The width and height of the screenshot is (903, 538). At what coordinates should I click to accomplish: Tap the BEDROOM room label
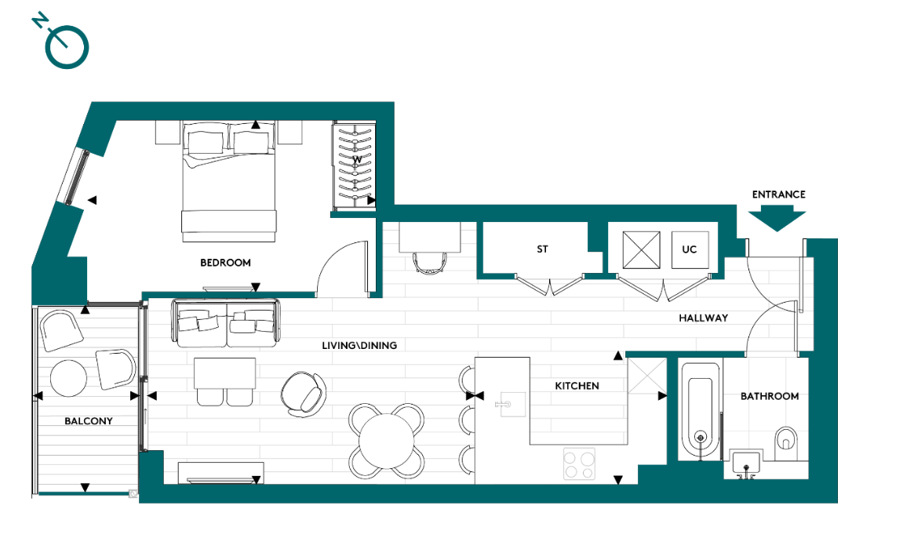coord(225,263)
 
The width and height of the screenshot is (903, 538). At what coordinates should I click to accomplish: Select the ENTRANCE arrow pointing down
coord(778,216)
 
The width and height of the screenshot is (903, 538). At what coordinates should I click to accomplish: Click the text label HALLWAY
coord(704,318)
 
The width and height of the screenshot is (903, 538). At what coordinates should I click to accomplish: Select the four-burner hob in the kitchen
coord(579,463)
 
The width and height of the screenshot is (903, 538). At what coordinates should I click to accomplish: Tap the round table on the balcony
coord(68,379)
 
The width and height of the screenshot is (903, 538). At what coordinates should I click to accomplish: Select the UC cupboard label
coord(689,249)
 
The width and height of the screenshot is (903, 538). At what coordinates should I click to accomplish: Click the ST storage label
coord(542,249)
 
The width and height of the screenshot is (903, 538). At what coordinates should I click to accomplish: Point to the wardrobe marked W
coord(355,165)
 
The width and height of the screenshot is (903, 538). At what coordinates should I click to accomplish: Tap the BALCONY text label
coord(89,421)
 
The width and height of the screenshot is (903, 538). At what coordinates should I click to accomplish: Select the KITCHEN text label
coord(577,386)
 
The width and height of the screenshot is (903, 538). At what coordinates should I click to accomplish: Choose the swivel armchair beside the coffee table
coord(304,391)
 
